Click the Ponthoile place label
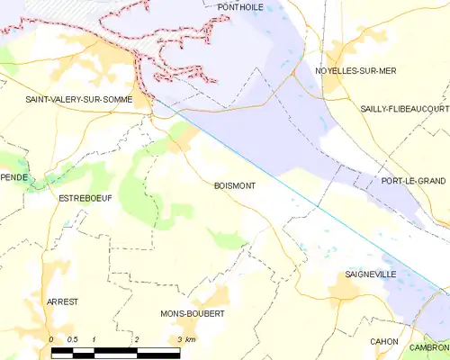[x=242, y=6]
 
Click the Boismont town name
[x=234, y=186]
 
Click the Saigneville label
[x=370, y=274]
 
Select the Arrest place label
[x=63, y=301]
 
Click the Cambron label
[x=431, y=346]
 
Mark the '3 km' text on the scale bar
[x=187, y=339]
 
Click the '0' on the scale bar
[x=51, y=339]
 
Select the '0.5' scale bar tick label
[x=73, y=339]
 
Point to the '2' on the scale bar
[x=137, y=339]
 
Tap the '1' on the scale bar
[x=94, y=339]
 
